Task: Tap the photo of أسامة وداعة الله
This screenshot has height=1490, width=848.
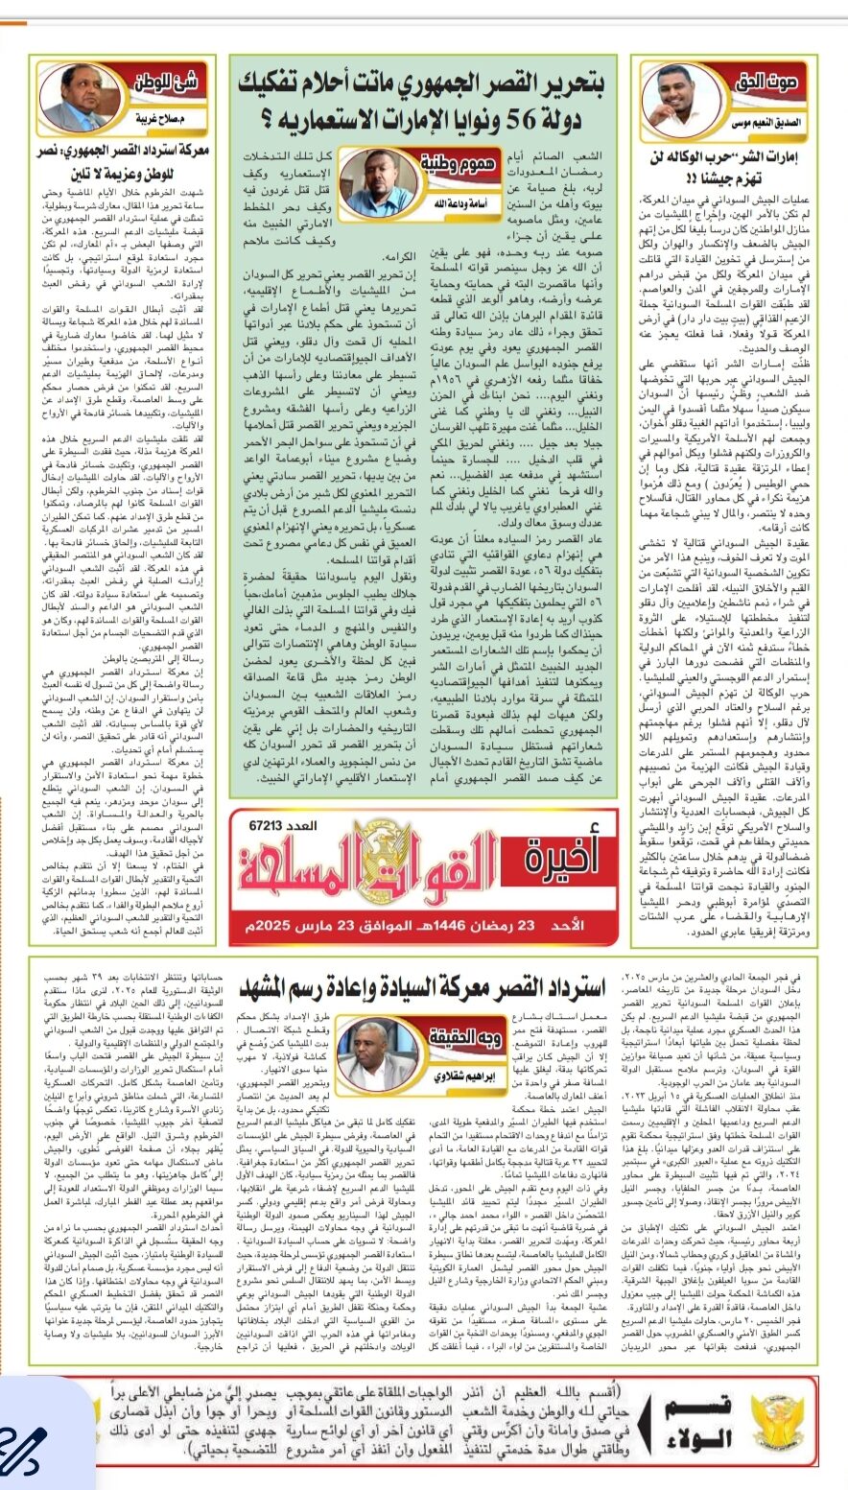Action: pyautogui.click(x=444, y=183)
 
